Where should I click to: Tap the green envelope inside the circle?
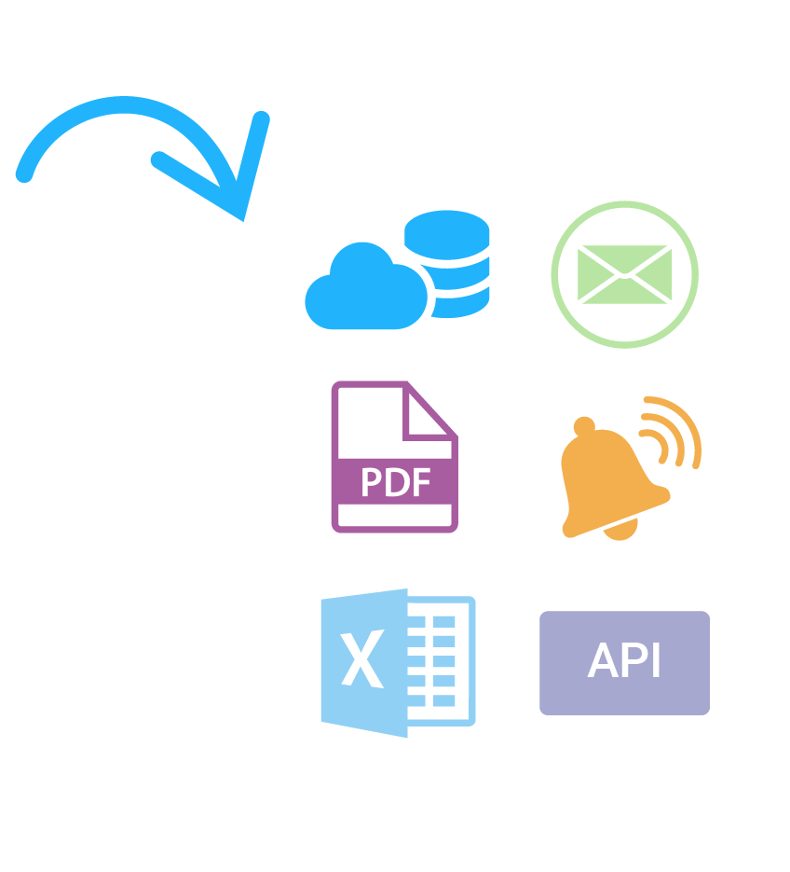[624, 274]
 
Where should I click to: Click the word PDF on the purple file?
[395, 482]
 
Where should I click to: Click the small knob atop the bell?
[584, 426]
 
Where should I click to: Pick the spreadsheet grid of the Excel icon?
[441, 660]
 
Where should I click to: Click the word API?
[624, 661]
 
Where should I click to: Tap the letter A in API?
[605, 661]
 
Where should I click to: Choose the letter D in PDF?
[396, 482]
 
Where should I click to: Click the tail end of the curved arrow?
[25, 173]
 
